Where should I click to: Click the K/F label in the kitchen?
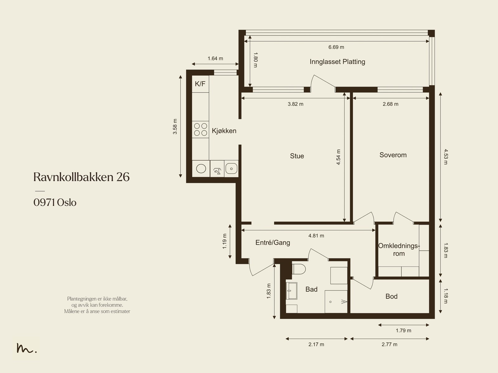[x=200, y=84]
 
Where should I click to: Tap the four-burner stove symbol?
[x=200, y=129]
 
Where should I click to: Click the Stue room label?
[x=297, y=156]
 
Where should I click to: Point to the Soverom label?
[x=393, y=155]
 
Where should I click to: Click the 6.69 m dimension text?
[x=336, y=47]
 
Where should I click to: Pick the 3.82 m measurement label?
[x=295, y=104]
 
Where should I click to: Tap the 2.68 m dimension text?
[x=390, y=104]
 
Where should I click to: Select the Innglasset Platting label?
[x=337, y=62]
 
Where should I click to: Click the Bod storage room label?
[x=391, y=296]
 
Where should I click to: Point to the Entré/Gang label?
[x=273, y=243]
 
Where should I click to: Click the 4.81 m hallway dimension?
[x=316, y=236]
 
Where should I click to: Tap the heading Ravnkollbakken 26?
[x=81, y=177]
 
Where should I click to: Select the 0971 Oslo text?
[x=55, y=203]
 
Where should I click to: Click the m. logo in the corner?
[x=26, y=348]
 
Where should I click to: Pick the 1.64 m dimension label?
[x=215, y=59]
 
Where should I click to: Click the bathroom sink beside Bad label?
[x=291, y=291]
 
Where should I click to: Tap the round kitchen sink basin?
[x=201, y=169]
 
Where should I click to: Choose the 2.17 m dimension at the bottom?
[x=316, y=344]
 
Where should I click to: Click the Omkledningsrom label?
[x=399, y=250]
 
